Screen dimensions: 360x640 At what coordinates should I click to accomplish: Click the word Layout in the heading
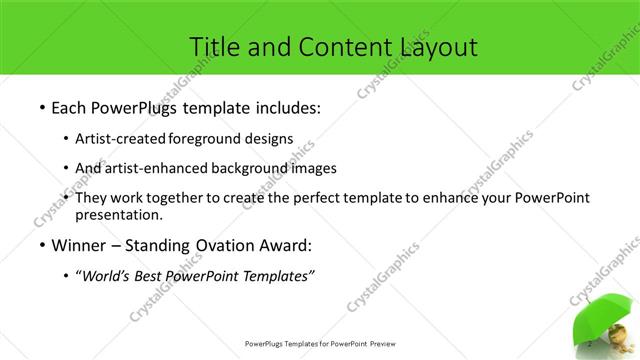(432, 46)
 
